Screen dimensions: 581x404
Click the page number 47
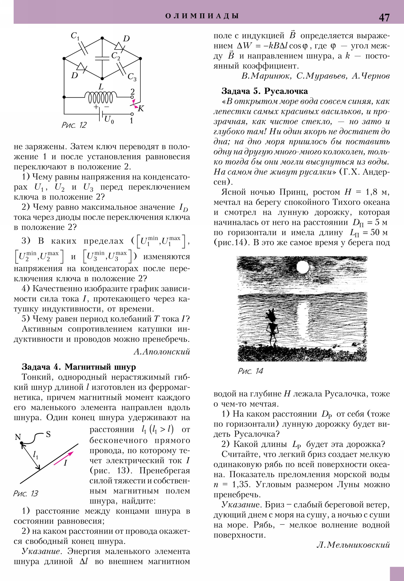pos(384,17)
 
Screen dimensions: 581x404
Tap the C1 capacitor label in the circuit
pos(75,36)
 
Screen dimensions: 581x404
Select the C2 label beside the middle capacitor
pos(116,56)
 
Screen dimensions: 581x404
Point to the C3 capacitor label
pos(132,77)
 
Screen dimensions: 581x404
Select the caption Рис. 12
pos(74,125)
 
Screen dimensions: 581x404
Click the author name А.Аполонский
pos(162,351)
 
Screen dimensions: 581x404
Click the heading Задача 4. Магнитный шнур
pos(79,367)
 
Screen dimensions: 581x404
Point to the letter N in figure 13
pos(18,437)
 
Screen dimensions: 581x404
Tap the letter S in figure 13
pos(48,434)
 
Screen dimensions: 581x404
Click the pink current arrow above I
pos(63,458)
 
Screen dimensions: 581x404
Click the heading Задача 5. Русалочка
pos(265,91)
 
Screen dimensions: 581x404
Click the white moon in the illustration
pos(302,267)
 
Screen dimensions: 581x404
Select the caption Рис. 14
pos(250,371)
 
